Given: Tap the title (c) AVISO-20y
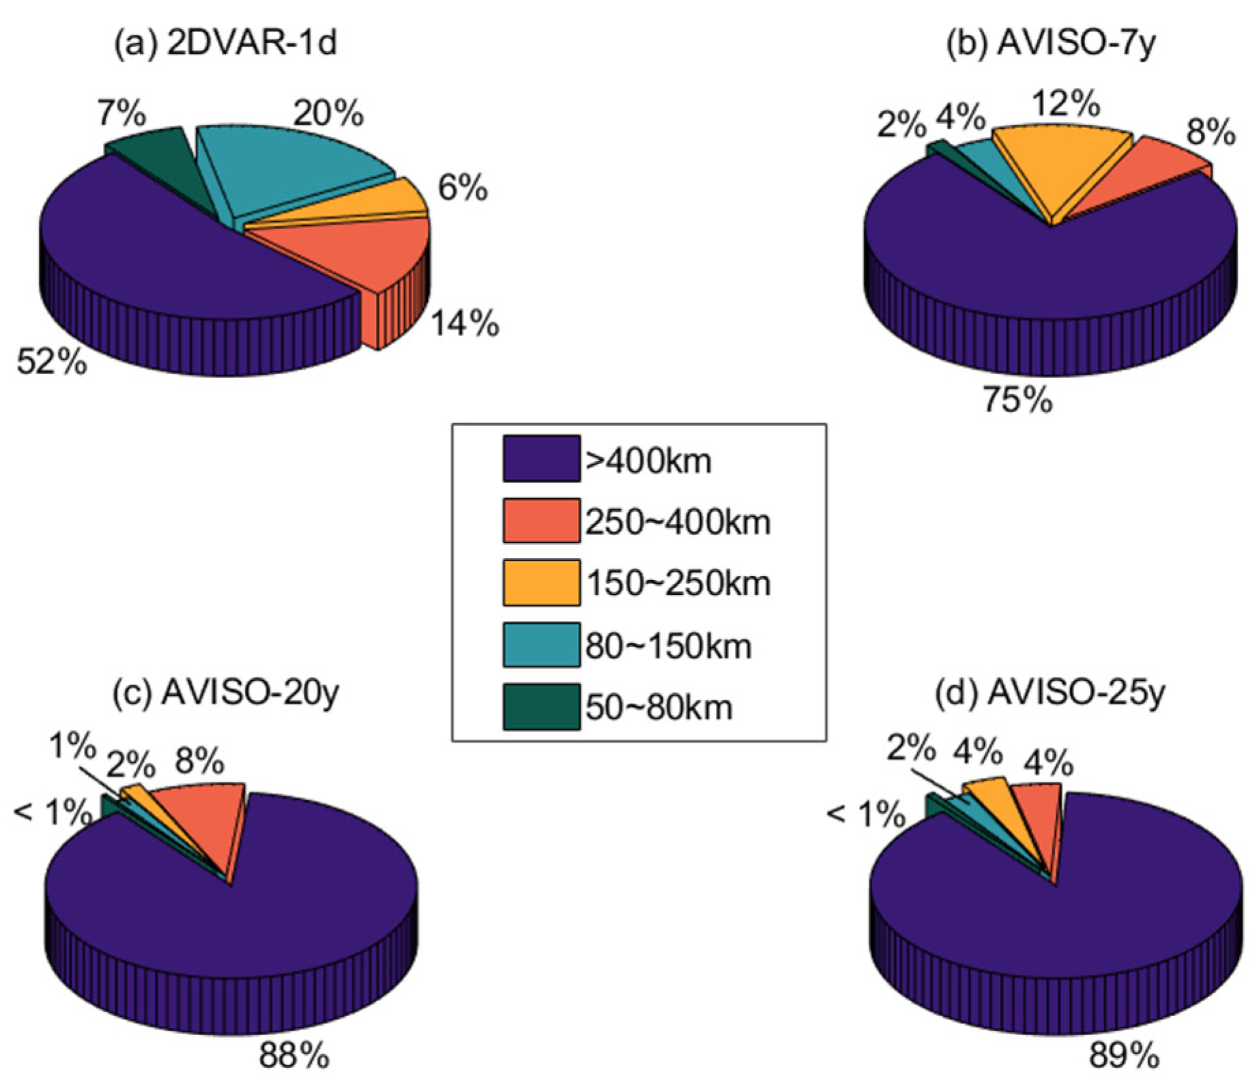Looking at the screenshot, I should (225, 693).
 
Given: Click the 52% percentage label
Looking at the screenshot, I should (52, 362).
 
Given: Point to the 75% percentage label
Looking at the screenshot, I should (1017, 400).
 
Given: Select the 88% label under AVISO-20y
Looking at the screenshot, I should (293, 1056).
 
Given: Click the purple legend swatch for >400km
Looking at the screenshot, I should (541, 459).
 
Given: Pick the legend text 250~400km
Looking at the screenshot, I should (678, 523).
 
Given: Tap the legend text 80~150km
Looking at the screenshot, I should (669, 646).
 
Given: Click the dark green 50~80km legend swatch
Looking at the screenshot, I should (541, 708).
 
